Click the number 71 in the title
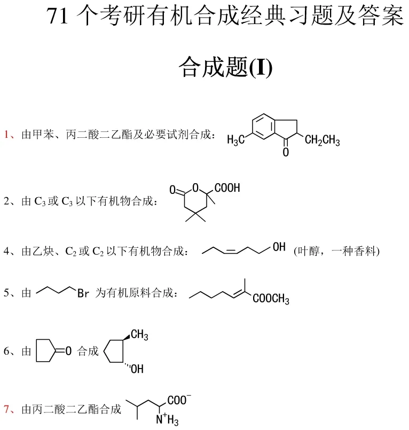pyautogui.click(x=57, y=18)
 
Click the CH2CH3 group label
pyautogui.click(x=322, y=140)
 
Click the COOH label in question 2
pyautogui.click(x=227, y=188)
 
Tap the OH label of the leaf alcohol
pyautogui.click(x=279, y=247)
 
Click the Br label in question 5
pyautogui.click(x=83, y=293)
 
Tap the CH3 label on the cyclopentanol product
pyautogui.click(x=139, y=334)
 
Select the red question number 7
pyautogui.click(x=7, y=410)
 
